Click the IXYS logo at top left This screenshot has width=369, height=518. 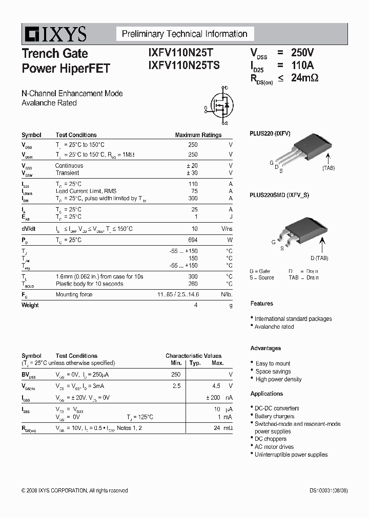pos(54,34)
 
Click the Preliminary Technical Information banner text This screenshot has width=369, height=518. pos(184,34)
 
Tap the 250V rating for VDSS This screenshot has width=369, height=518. pos(302,53)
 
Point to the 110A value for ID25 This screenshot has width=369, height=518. pos(302,65)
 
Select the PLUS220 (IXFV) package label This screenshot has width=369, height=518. pos(270,134)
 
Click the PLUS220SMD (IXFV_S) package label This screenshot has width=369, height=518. pos(279,195)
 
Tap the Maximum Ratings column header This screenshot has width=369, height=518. pos(198,135)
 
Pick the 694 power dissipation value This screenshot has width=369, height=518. pos(193,240)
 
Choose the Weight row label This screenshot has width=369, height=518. pos(30,305)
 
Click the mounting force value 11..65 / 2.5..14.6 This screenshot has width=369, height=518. pos(178,294)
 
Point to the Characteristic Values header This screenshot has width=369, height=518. pos(193,356)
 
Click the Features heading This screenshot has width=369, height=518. pos(262,304)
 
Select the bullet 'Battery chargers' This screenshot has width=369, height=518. pos(274,416)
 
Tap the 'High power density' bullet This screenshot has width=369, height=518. pos(278,379)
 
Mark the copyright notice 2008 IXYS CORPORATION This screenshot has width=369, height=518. pos(74,490)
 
